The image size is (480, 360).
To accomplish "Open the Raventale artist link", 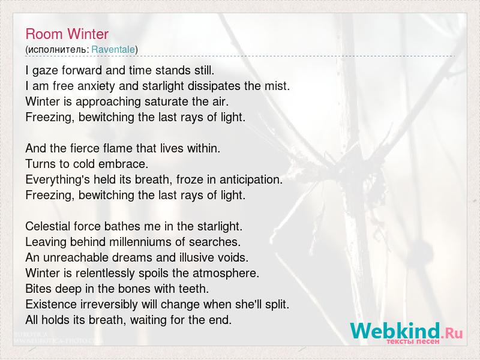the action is pyautogui.click(x=113, y=49).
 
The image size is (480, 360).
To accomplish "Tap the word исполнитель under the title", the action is pyautogui.click(x=57, y=50).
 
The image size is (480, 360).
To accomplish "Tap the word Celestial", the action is pyautogui.click(x=47, y=226).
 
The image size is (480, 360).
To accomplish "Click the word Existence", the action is pyautogui.click(x=51, y=304).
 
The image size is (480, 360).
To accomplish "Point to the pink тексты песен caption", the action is pyautogui.click(x=413, y=341).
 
